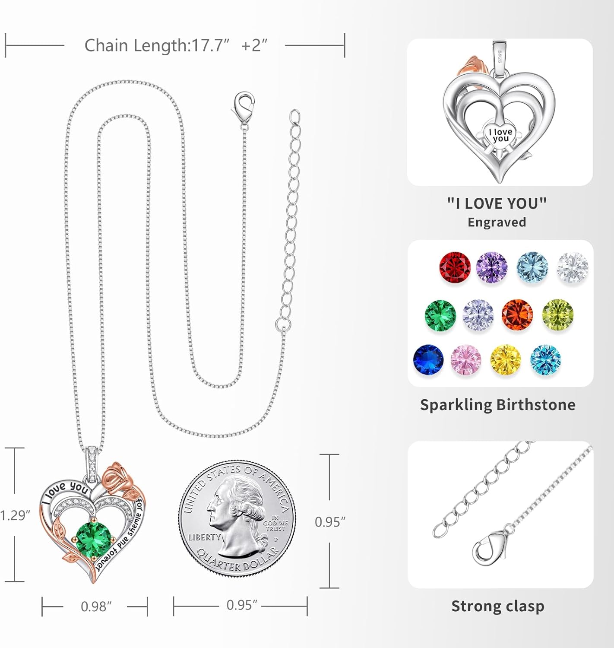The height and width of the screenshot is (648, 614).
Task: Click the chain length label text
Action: tap(175, 45)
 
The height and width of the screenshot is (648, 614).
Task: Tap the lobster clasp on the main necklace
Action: tap(243, 107)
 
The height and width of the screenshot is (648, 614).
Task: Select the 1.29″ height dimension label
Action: tap(15, 515)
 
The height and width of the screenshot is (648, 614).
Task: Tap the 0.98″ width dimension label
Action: tap(96, 607)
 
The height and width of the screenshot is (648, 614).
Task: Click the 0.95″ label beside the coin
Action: tap(330, 522)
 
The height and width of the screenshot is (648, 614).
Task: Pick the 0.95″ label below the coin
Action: tap(241, 605)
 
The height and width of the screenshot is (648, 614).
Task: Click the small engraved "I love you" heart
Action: tap(500, 135)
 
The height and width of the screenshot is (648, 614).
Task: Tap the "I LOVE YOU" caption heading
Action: tap(497, 203)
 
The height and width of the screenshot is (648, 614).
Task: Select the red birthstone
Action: tap(455, 267)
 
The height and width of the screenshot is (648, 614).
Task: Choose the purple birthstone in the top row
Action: tap(492, 267)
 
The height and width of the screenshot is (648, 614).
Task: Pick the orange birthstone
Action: tap(517, 314)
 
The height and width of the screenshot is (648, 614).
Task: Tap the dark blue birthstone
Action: tap(428, 359)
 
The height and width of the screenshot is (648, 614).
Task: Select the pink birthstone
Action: tap(465, 359)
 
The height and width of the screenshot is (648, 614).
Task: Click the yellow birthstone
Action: tap(505, 360)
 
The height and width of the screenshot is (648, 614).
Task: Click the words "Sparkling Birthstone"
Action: tap(497, 405)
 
